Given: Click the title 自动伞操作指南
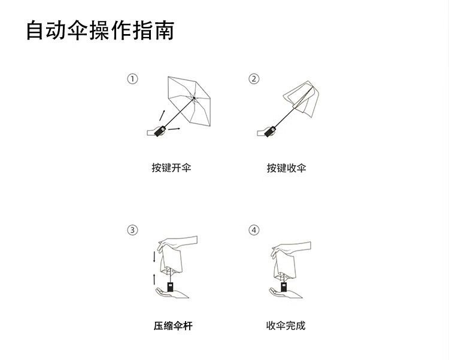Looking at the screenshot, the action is point(100,30).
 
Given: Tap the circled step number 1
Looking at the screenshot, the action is point(132,79).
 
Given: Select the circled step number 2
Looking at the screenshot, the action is point(254,79).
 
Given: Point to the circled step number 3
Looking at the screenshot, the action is point(132,230).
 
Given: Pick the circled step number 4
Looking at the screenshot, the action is point(254,230).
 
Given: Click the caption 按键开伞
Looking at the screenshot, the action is point(171,167).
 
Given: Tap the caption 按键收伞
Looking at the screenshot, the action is point(286,168).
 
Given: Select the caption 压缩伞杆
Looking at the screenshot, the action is point(173,326).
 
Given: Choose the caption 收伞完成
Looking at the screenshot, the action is point(286,325).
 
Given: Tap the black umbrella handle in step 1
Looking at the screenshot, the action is point(160,131).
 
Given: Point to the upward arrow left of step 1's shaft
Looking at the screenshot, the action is point(162,115).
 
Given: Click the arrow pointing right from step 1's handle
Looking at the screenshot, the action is point(174,129).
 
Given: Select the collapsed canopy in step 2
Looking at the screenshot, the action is point(301,99).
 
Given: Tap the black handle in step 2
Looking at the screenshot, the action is point(271,131).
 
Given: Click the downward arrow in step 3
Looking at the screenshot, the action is point(154,257).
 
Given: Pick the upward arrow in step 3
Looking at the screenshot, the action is point(154,279).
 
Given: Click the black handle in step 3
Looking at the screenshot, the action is point(171,287).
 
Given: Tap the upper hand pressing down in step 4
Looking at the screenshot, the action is point(290,249).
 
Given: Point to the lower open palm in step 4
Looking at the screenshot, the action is point(286,294).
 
